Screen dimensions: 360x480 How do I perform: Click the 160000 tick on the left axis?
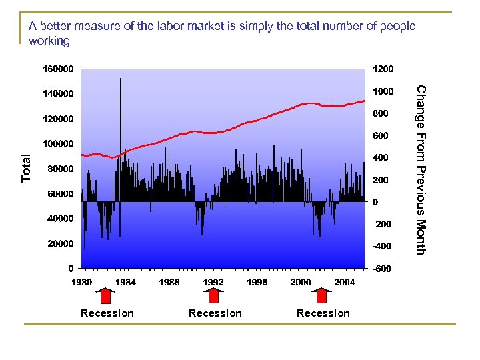58,69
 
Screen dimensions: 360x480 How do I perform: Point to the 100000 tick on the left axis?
58,144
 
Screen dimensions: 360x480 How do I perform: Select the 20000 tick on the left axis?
60,244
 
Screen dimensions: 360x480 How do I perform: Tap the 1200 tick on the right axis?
383,69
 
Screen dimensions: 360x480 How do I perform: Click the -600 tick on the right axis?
382,269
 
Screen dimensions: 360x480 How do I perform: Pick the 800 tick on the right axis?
380,113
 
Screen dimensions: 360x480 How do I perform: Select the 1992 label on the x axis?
213,282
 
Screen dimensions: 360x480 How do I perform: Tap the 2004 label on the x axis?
344,282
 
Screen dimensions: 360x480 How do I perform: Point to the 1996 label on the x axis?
257,282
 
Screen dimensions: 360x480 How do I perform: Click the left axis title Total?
26,168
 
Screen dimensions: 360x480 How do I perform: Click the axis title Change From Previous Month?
420,169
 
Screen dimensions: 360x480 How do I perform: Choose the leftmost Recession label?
107,313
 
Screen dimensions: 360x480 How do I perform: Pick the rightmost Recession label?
323,313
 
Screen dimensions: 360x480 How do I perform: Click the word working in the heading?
49,41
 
